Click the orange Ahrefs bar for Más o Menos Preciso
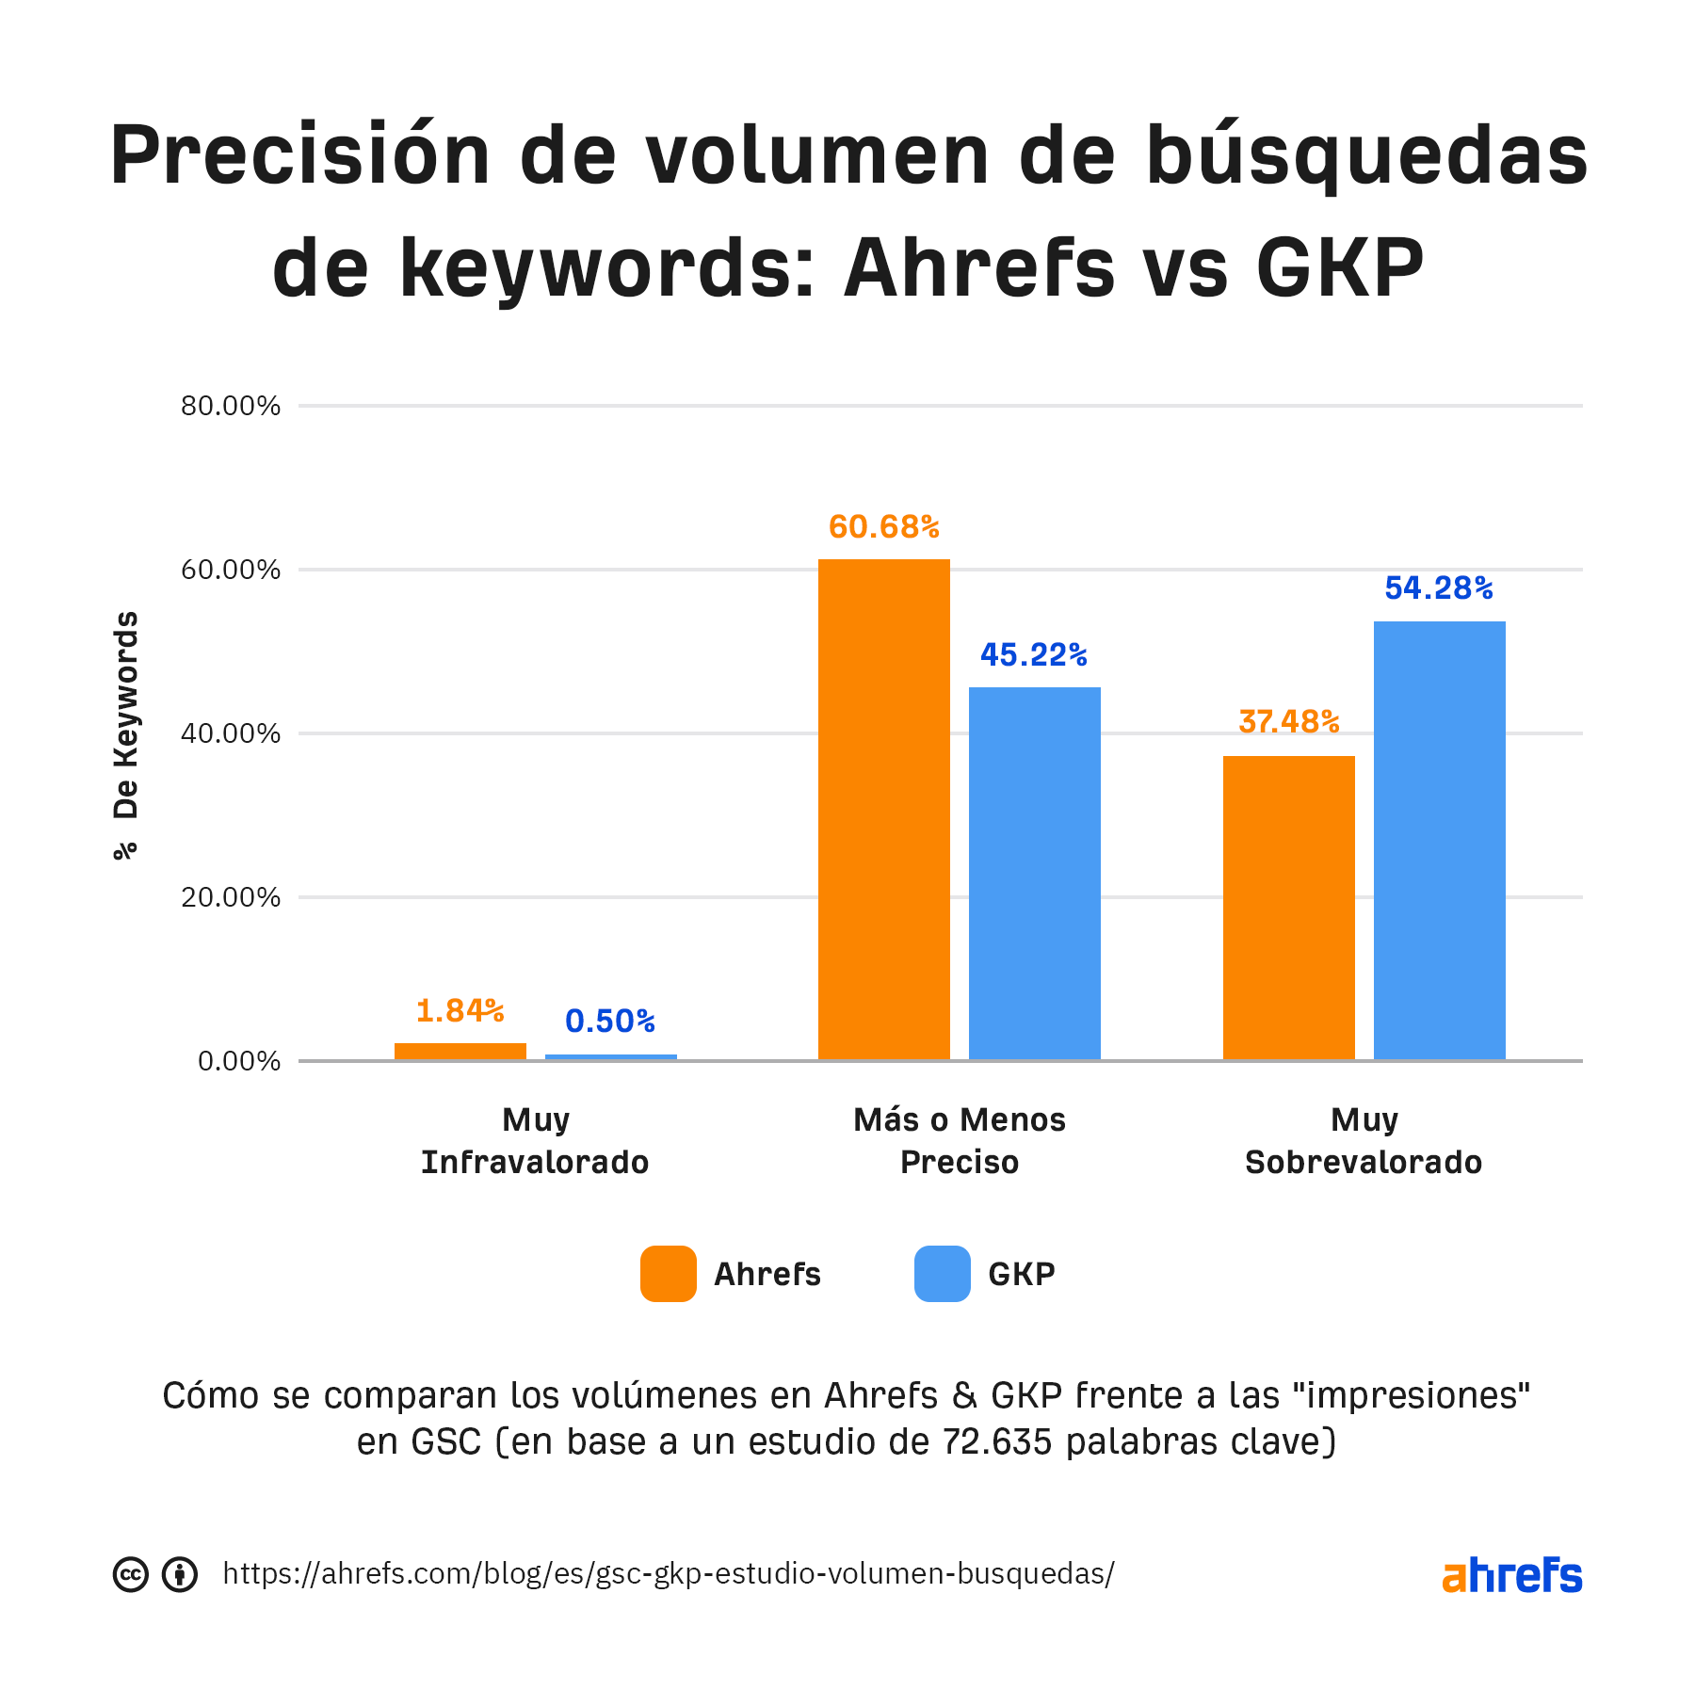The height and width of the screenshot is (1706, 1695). [883, 810]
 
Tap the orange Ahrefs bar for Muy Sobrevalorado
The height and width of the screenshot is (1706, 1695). [1288, 908]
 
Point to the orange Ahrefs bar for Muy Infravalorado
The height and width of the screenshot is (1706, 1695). [460, 1051]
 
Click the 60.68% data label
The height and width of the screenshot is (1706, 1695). [883, 527]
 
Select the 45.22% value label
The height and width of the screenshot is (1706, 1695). [1033, 655]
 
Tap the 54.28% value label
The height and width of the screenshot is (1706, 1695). [1438, 588]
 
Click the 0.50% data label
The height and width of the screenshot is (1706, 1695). [609, 1022]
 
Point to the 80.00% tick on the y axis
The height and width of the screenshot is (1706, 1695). [231, 406]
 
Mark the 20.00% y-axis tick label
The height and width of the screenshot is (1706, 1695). [231, 897]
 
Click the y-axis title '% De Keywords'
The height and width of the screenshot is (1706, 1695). [125, 734]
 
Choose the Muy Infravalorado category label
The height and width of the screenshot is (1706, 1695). [535, 1141]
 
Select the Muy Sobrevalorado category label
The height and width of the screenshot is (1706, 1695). [1364, 1141]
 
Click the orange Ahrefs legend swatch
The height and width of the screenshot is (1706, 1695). [668, 1274]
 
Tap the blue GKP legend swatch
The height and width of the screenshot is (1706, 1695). [942, 1274]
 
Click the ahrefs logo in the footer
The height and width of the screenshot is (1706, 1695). [1511, 1575]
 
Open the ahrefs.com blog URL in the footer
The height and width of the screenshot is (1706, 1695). [669, 1573]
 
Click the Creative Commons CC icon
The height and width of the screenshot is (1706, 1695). [131, 1574]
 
